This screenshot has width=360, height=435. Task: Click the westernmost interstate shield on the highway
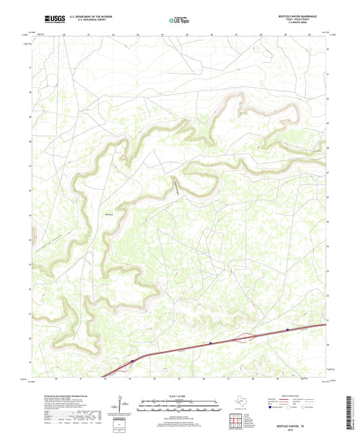coord(132,361)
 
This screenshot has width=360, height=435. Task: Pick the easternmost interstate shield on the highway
coord(288,330)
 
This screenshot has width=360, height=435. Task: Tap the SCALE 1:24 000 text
coord(179,396)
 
